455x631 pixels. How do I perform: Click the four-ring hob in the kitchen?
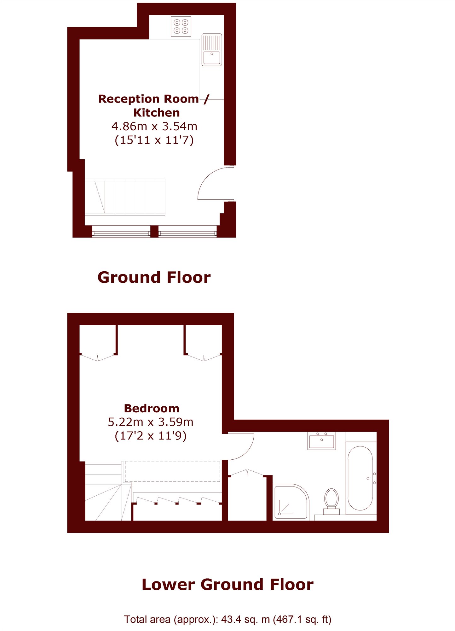coord(181,27)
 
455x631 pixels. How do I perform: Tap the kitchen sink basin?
coord(212,58)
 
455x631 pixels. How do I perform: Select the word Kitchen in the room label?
coord(157,113)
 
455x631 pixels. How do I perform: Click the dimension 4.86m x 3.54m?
coord(154,126)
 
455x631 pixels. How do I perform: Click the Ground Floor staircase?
coord(125,197)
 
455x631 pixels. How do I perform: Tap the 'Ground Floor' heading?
coord(154,277)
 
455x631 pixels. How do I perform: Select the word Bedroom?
coord(152,408)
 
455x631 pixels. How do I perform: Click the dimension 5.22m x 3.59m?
coord(151,422)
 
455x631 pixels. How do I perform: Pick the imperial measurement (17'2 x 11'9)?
coord(151,436)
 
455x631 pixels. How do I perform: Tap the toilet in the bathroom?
coord(331,501)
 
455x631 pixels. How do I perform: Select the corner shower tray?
coord(291,502)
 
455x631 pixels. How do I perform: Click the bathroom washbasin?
coord(322,441)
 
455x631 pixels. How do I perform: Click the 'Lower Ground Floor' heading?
coord(227,585)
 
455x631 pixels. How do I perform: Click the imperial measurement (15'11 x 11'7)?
coord(154,140)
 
